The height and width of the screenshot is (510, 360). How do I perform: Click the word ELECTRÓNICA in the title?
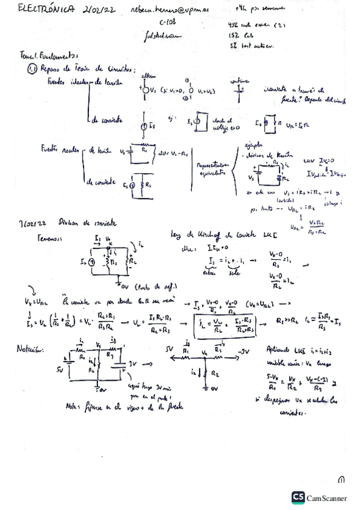(x=44, y=10)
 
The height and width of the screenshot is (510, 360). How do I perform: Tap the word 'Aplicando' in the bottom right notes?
(x=279, y=350)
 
